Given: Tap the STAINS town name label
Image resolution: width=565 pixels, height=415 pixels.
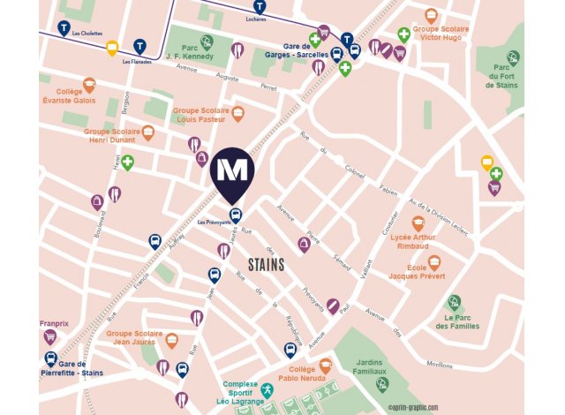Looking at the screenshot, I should pos(267,264).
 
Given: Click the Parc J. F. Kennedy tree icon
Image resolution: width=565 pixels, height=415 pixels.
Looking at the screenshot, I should pos(207,41).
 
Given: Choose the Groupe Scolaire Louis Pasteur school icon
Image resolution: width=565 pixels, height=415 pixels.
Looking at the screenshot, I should pos(237,114).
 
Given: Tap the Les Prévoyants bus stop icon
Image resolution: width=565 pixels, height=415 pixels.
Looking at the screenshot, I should pos(236,215).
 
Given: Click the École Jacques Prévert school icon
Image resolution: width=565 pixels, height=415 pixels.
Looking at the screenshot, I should pos(434,263).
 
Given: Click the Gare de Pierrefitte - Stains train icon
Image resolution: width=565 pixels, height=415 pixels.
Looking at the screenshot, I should pos(51,359).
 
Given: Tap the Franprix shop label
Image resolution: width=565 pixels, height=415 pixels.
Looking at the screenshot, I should pos(54,324).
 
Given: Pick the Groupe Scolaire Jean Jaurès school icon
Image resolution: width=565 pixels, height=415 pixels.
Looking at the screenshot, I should pos(172,340).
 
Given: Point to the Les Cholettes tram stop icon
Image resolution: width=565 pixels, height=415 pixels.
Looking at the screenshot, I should pos(64,28).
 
